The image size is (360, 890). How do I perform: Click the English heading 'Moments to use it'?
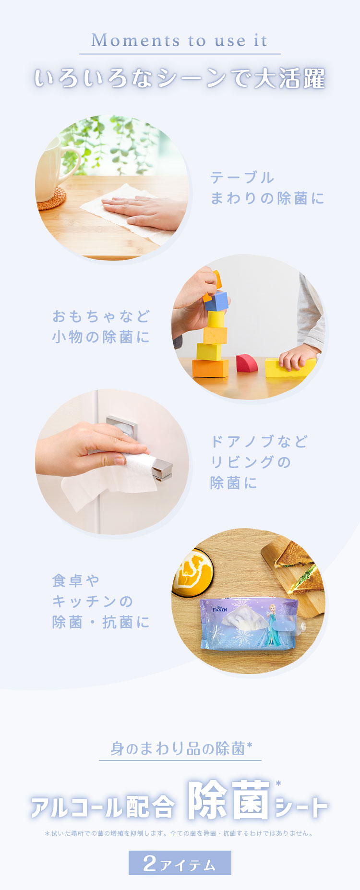coord(179,40)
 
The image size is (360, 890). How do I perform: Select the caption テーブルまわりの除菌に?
coord(267,188)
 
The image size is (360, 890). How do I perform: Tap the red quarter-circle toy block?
coord(247,363)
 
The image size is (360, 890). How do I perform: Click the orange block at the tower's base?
coord(210,368)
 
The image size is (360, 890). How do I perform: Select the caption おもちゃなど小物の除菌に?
coord(101,326)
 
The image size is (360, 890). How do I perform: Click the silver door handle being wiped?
coord(161,468)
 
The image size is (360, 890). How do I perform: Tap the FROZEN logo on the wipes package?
coord(220,608)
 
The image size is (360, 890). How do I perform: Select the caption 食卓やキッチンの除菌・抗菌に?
coord(101,601)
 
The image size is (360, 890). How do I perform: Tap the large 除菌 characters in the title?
coord(229,801)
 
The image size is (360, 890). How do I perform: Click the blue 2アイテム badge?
coord(180,863)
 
